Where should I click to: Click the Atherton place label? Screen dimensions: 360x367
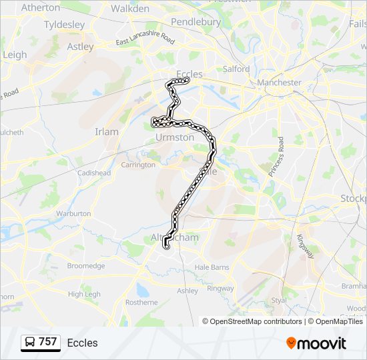[x=41, y=8]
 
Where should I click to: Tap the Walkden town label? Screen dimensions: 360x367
[x=129, y=9]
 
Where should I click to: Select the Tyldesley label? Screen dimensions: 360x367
[x=64, y=25]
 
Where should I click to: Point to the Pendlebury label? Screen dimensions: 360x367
[x=196, y=22]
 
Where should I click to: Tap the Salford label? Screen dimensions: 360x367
[x=236, y=69]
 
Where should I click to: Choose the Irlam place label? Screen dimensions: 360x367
[x=107, y=131]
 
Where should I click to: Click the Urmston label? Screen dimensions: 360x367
[x=175, y=137]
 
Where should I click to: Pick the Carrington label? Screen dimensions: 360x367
[x=138, y=165]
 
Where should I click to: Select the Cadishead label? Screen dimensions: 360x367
[x=93, y=173]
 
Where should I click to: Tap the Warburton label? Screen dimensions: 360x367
[x=73, y=213]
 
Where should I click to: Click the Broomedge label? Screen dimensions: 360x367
[x=86, y=265]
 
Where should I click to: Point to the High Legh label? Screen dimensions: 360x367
[x=84, y=294]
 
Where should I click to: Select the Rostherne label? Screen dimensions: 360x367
[x=141, y=302]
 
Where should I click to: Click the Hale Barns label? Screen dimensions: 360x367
[x=212, y=267]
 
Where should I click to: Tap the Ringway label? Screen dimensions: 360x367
[x=220, y=289]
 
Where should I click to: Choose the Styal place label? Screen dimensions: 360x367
[x=279, y=300]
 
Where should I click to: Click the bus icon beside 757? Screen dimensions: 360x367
[x=31, y=343]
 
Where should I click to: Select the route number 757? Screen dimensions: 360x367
[x=48, y=342]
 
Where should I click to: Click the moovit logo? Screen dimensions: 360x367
[x=316, y=343]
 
